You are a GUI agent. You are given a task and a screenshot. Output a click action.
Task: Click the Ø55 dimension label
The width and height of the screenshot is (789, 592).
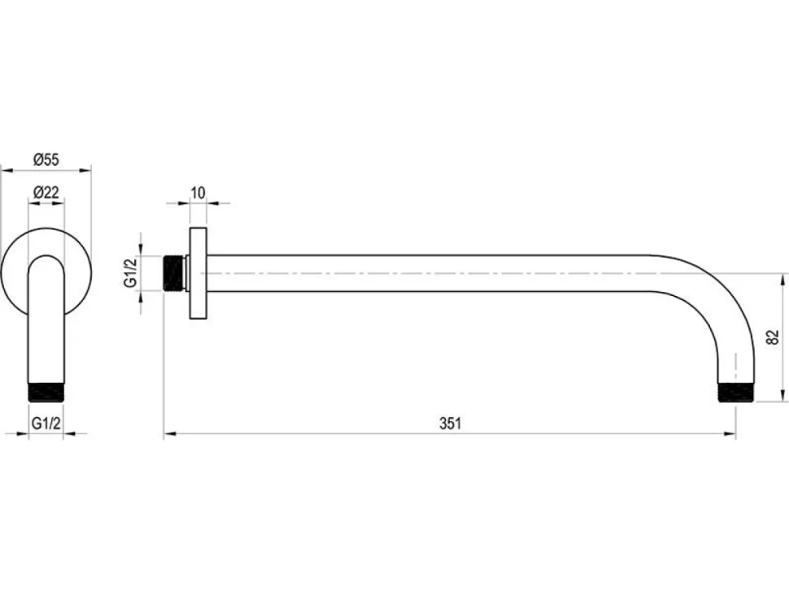[46, 159]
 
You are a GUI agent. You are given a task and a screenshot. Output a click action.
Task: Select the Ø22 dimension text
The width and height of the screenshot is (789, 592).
[46, 192]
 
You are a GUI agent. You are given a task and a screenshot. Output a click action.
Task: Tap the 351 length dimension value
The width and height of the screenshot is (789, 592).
[451, 424]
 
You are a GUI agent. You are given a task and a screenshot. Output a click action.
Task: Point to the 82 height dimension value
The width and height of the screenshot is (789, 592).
[774, 337]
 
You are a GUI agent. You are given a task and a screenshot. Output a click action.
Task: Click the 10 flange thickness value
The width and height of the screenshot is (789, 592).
[198, 193]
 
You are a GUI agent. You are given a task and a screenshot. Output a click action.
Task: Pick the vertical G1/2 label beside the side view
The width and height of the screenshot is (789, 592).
[130, 272]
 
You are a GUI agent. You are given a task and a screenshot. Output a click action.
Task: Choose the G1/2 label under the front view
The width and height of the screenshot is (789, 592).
[46, 423]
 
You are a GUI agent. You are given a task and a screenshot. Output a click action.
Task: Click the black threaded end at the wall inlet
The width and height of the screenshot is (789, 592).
[174, 273]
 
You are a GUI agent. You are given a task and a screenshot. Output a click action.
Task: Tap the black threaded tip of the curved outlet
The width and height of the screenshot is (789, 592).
[735, 393]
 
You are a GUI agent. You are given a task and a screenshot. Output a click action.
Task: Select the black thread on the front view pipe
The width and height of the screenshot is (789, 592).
[46, 393]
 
